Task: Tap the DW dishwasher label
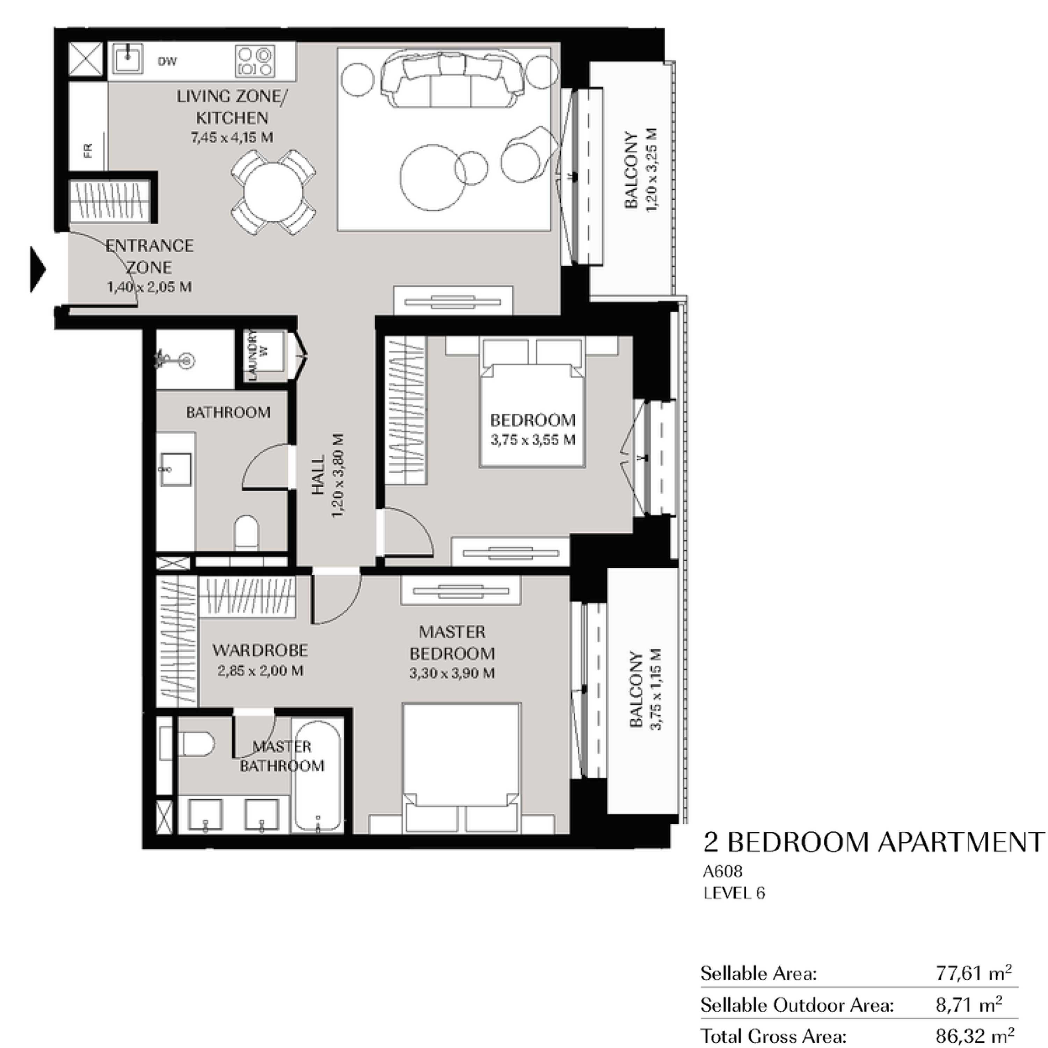167,61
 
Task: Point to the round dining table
274,192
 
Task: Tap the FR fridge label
88,150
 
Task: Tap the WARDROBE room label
260,650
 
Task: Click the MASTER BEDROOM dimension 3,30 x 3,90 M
452,673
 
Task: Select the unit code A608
722,871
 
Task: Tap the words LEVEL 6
734,893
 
